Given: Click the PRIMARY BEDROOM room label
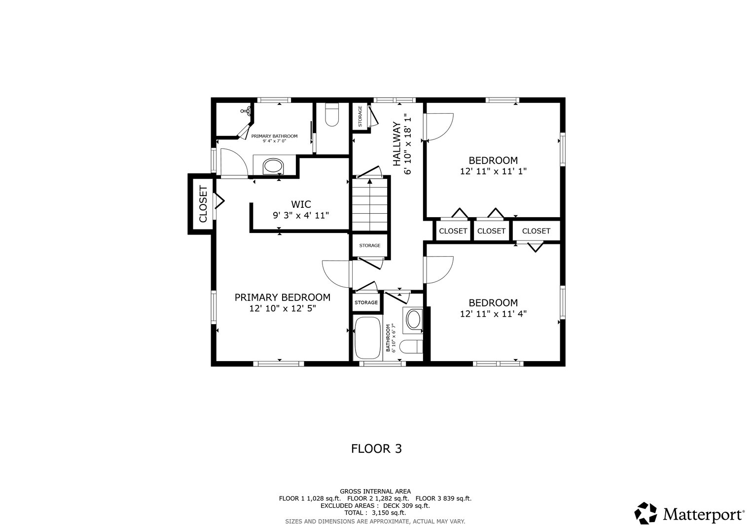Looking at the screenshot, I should (282, 298).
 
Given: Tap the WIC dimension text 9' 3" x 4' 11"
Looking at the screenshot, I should (300, 215).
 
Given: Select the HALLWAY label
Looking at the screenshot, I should (396, 143).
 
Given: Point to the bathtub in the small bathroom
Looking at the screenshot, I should (367, 338).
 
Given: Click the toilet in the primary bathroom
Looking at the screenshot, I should (332, 114).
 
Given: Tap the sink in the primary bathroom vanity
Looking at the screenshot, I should (273, 166).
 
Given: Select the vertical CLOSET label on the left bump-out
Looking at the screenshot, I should (202, 204).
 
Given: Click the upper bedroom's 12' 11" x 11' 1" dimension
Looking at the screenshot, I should (493, 171).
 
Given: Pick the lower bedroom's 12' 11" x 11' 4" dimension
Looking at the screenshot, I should (493, 314).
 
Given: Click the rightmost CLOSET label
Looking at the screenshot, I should (536, 231).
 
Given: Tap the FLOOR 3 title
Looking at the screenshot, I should (376, 449).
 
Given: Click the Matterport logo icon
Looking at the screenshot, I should (645, 514).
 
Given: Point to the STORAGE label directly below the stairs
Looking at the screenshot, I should (369, 245).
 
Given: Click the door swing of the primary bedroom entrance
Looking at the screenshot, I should (335, 274).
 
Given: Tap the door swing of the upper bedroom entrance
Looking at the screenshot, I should (439, 127).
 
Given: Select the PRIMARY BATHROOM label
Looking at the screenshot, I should (274, 136).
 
